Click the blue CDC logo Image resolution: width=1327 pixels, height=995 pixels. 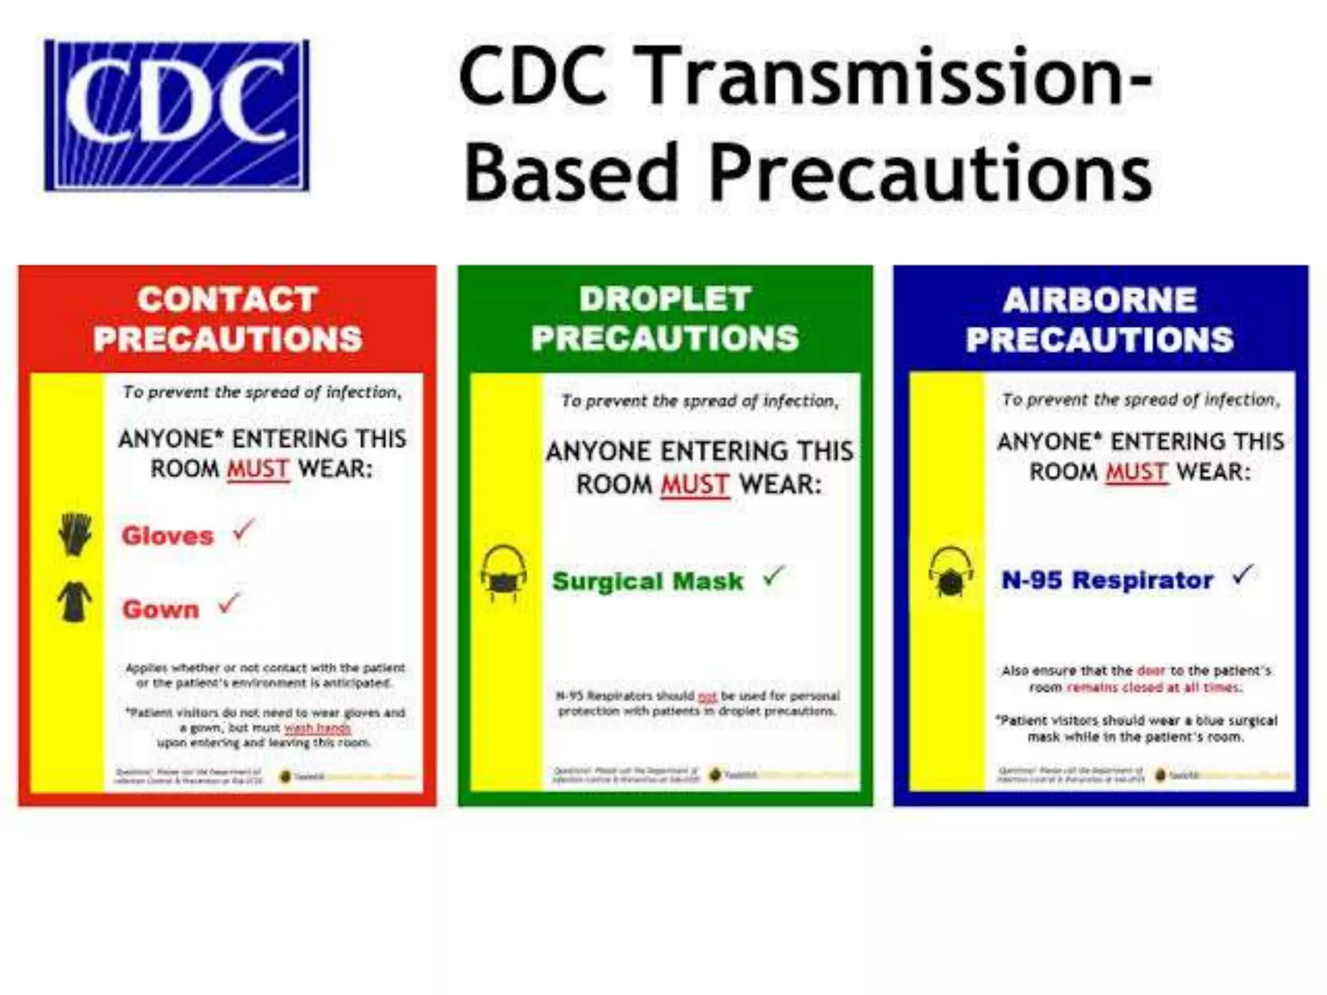(x=176, y=115)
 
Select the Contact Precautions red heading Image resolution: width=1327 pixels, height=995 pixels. (x=227, y=319)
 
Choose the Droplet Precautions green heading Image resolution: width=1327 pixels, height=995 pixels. (x=665, y=318)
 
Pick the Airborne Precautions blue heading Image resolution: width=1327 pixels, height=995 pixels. (x=1100, y=319)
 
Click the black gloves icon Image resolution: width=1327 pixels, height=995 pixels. (x=75, y=534)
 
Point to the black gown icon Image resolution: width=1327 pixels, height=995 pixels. (x=75, y=602)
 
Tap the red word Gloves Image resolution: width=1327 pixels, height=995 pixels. (x=167, y=536)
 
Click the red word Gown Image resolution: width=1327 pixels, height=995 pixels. (x=161, y=609)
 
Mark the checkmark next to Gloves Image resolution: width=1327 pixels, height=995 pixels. (x=243, y=531)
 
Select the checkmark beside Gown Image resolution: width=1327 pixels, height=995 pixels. (x=229, y=604)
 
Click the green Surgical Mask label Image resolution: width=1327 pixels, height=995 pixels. (x=647, y=581)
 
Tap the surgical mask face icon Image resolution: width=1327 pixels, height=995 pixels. (x=503, y=573)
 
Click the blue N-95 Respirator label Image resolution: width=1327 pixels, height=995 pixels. (x=1107, y=580)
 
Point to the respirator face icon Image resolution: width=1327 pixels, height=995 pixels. (x=951, y=573)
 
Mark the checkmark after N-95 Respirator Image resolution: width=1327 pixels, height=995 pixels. (x=1242, y=574)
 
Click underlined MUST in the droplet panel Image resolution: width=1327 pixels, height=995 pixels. (x=695, y=485)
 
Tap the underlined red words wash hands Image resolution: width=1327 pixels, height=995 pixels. (x=317, y=728)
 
